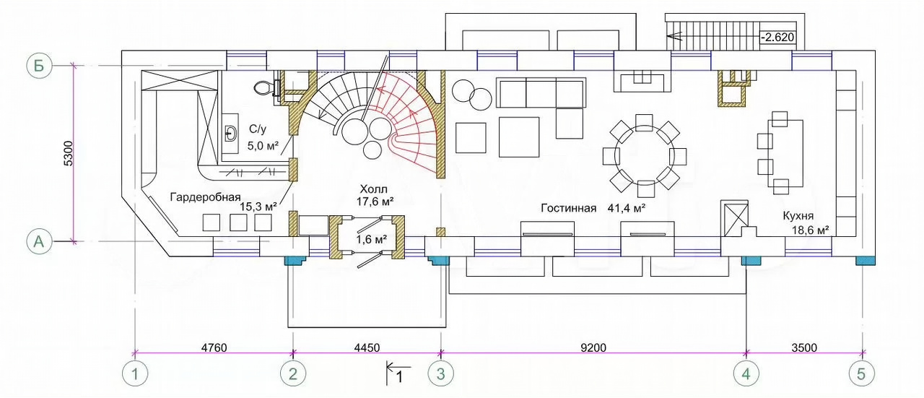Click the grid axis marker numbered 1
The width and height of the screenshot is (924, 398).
135,373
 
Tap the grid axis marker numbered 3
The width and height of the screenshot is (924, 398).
441,373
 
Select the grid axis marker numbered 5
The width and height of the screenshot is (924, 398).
862,373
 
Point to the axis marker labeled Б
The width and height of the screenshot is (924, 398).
39,66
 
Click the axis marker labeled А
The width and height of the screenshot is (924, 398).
39,241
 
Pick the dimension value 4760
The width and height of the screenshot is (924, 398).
214,347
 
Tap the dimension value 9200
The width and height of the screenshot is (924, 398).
593,347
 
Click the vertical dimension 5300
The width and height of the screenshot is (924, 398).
69,154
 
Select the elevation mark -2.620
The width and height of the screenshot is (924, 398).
777,37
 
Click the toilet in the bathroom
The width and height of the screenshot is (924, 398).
266,87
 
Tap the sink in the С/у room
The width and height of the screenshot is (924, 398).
230,134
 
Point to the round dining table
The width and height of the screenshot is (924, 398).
645,155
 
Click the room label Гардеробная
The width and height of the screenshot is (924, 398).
205,197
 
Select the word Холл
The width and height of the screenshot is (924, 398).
373,189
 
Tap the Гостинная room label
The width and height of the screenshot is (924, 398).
568,208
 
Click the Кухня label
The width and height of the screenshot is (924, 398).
798,216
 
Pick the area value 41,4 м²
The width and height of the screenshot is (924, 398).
626,208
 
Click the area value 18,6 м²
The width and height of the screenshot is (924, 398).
811,230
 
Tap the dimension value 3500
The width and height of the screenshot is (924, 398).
804,347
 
